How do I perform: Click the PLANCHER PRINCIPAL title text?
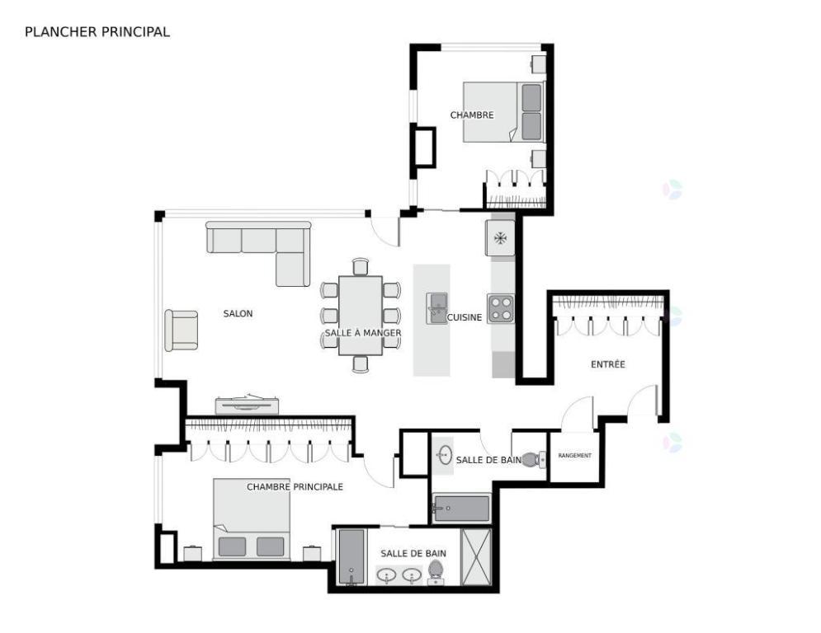[97, 32]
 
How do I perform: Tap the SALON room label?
[238, 313]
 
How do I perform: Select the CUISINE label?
[465, 317]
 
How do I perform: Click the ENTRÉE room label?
[607, 364]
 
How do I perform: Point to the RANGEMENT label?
[574, 456]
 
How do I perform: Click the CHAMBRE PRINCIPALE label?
[295, 487]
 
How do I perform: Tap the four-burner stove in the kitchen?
[500, 308]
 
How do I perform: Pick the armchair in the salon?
[182, 330]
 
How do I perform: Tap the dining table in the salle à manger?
[361, 315]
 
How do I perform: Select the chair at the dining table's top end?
[360, 266]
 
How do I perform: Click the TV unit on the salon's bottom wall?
[247, 404]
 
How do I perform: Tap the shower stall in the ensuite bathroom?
[476, 556]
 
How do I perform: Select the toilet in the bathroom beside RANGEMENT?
[532, 459]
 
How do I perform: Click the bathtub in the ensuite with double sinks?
[351, 556]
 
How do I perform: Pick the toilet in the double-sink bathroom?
[435, 570]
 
